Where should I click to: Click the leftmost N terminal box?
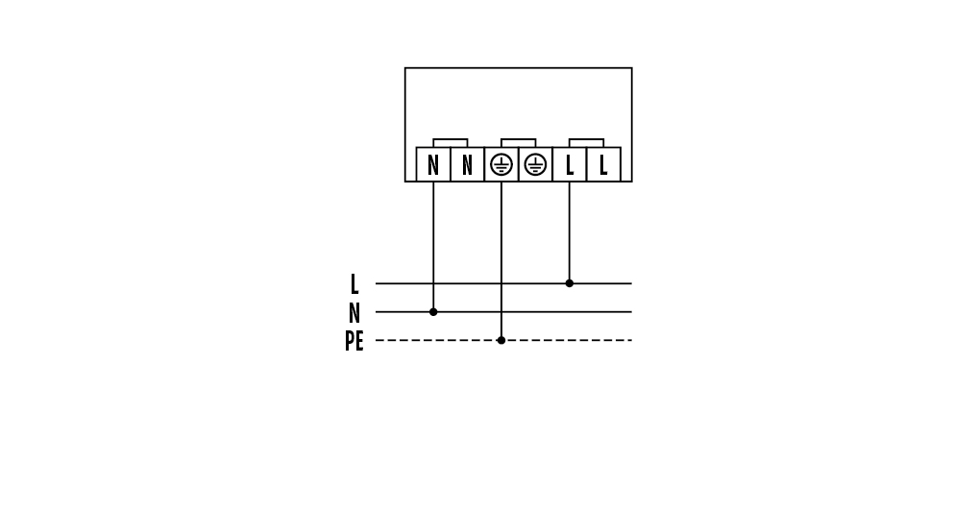click(x=433, y=164)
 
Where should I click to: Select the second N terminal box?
click(x=468, y=164)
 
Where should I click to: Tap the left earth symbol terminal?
click(x=501, y=164)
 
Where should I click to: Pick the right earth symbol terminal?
click(x=535, y=164)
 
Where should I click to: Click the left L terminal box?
click(x=570, y=164)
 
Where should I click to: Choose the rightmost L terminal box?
click(x=604, y=164)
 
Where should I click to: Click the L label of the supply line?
click(x=354, y=284)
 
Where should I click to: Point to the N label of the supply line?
click(x=354, y=312)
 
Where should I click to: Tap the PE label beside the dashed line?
click(x=354, y=341)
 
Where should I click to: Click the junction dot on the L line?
click(x=570, y=283)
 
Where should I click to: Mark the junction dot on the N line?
click(x=433, y=312)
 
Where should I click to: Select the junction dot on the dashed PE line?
click(x=501, y=340)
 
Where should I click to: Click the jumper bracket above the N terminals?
click(x=450, y=139)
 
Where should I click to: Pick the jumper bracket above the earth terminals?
click(x=519, y=139)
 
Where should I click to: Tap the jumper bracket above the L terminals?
click(x=586, y=139)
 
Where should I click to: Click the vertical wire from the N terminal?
click(x=433, y=247)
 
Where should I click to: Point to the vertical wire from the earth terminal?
click(x=501, y=261)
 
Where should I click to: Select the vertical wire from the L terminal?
click(x=570, y=232)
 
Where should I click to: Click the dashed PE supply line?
click(x=503, y=340)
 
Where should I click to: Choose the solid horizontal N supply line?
click(x=503, y=312)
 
